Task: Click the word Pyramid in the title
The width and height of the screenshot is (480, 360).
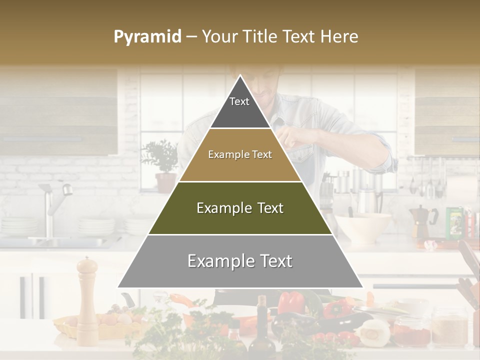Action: coord(147,37)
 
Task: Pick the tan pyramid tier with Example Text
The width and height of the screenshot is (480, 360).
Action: coord(240,155)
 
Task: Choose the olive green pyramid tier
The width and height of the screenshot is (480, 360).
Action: coord(240,208)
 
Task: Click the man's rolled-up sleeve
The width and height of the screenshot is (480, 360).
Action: coord(387,157)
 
